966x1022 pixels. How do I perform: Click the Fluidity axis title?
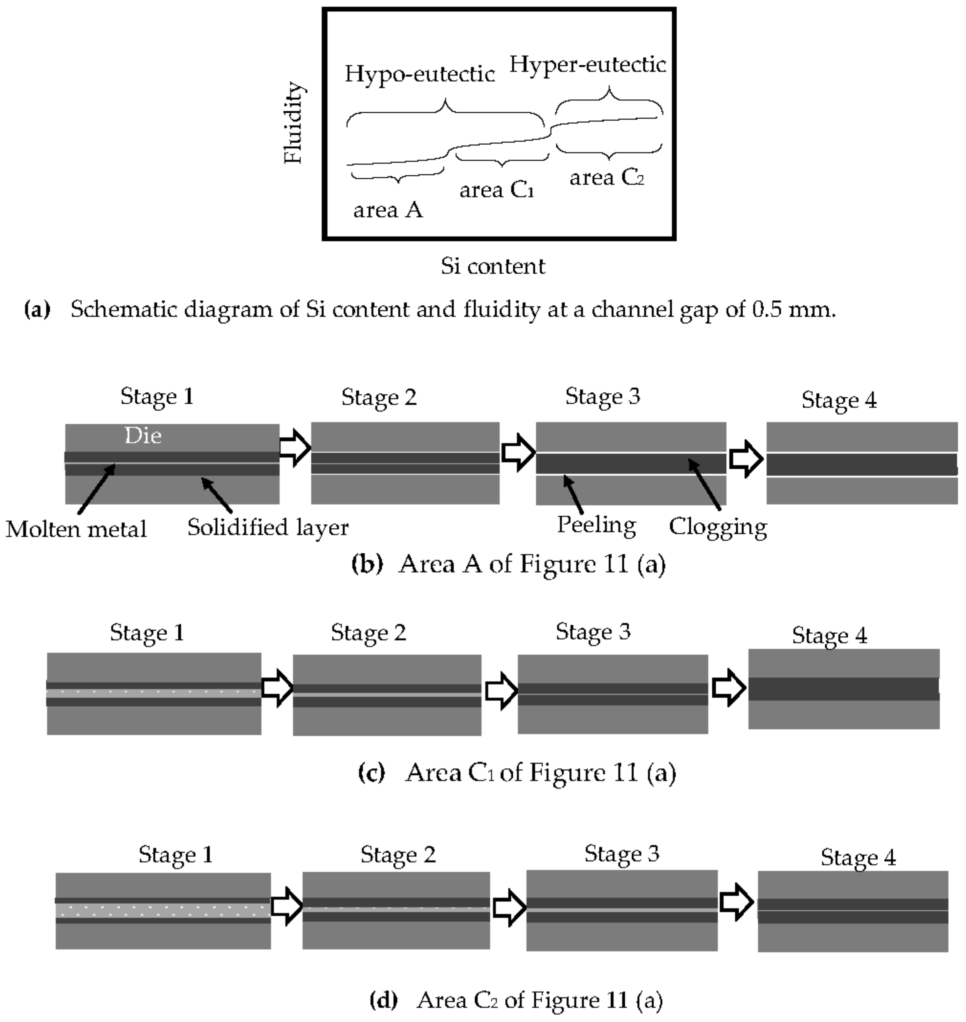pos(294,123)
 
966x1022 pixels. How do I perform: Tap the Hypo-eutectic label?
pos(420,74)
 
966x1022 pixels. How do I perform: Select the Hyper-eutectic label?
pos(588,65)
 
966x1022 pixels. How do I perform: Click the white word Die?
pos(143,436)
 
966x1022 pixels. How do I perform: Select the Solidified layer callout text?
pos(268,527)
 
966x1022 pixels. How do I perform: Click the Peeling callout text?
pos(596,525)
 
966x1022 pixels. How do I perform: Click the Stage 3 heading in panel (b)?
pos(602,396)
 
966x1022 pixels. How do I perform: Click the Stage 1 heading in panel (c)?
pos(147,633)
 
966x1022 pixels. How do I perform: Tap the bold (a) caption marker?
pos(37,309)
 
